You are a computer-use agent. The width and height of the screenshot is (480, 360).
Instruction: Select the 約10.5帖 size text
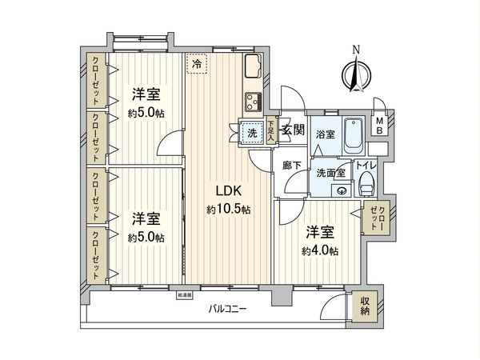[x=228, y=210]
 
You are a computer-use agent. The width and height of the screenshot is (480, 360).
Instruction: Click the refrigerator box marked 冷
[x=197, y=61]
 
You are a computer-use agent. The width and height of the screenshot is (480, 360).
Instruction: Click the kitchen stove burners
[x=254, y=101]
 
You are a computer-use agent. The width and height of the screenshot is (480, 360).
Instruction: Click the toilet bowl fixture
[x=366, y=183]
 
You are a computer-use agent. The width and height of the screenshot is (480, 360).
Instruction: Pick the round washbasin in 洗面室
[x=342, y=190]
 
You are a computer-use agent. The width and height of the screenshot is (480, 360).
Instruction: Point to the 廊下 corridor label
[x=292, y=166]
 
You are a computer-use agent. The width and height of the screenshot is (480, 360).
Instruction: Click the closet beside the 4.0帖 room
[x=375, y=218]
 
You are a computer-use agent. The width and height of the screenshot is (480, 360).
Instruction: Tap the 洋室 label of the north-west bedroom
[x=145, y=93]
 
